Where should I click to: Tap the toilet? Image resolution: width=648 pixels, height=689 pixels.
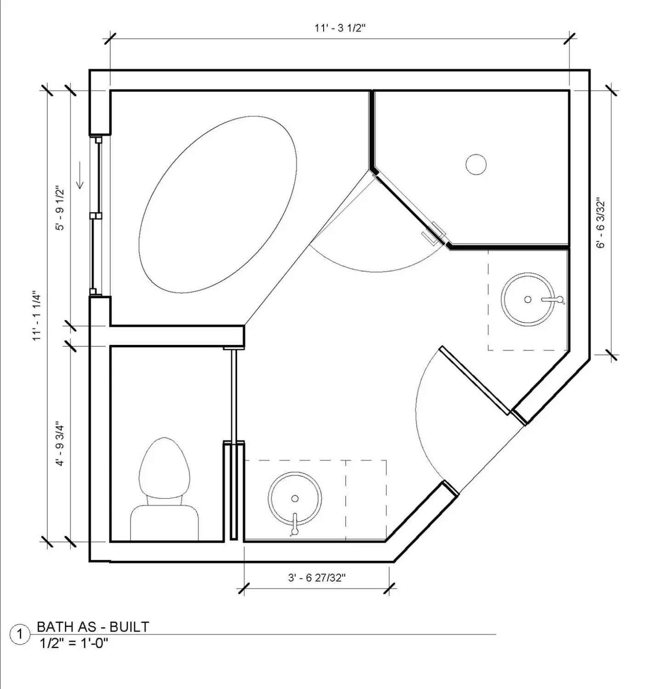pos(164,489)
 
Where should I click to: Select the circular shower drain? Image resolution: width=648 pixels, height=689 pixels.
pos(476,164)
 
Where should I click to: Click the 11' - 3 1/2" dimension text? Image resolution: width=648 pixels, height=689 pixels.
pos(340,28)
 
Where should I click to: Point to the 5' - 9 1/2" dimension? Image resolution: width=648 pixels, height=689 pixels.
pos(60,209)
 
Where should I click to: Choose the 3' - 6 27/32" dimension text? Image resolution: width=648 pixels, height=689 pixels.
pos(317,578)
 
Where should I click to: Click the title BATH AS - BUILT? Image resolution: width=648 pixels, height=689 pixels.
pos(93,627)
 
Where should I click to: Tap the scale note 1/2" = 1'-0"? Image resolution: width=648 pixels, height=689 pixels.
pos(74,643)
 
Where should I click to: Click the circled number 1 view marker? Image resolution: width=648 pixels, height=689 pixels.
pos(19,634)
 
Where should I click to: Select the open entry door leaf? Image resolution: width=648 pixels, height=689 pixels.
pos(475,380)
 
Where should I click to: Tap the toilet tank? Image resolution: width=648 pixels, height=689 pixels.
pos(164,523)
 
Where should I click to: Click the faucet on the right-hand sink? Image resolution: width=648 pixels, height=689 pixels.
pos(553,299)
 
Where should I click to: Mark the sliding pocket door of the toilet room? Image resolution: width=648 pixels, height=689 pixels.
pos(234,395)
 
